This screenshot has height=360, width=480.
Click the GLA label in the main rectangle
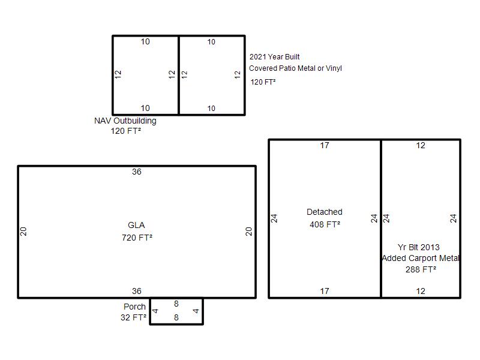pos(136,226)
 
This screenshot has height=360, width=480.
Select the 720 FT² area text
pos(137,238)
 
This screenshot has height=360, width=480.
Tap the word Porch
pos(134,307)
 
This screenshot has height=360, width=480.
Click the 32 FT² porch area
pos(133,317)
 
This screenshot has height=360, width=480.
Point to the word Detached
pos(325,212)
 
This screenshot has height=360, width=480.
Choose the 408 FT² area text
pos(325,224)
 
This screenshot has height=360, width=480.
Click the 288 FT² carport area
pos(421,269)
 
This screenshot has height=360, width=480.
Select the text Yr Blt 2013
pos(418,247)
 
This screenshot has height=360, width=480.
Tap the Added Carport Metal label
pos(421,258)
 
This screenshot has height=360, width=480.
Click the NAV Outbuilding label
pos(125,121)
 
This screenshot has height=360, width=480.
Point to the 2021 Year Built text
pos(275,56)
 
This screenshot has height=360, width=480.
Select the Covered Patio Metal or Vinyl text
pos(295,68)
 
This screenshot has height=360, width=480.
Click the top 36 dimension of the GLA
pos(137,172)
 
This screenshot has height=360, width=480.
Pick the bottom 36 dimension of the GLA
pos(137,291)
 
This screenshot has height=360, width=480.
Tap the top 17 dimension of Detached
pos(325,145)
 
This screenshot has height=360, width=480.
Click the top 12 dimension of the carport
pos(421,145)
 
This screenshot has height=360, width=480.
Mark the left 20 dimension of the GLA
pos(23,232)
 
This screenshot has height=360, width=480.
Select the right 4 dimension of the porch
pos(196,311)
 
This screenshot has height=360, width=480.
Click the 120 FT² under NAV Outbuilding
pos(126,131)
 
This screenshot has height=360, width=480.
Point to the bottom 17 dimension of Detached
pos(325,291)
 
